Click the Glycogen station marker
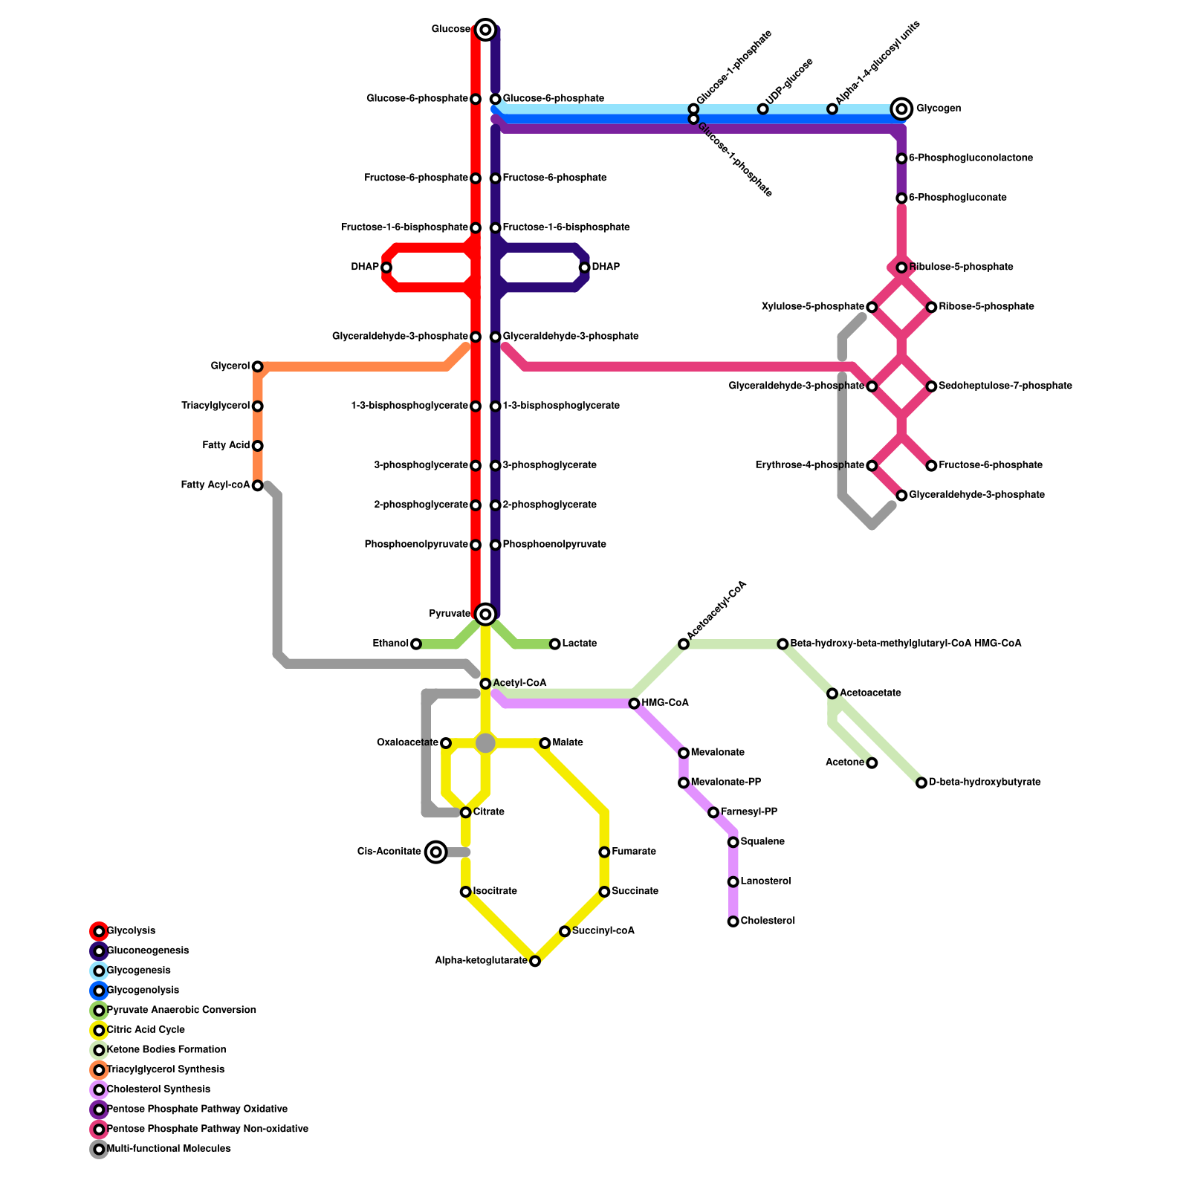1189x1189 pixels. point(901,109)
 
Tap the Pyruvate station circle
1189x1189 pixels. point(485,614)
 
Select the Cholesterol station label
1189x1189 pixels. point(768,921)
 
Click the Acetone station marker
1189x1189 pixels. point(872,763)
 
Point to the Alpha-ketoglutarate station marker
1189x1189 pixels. point(535,962)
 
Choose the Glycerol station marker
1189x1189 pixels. point(257,366)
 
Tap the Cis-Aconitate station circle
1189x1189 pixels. point(436,852)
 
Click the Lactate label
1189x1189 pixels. point(579,644)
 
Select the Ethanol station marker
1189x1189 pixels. point(416,644)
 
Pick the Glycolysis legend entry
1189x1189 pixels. point(131,931)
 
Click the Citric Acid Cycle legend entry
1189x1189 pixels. point(146,1030)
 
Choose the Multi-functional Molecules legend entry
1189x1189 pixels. point(169,1149)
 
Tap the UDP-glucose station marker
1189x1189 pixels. point(762,109)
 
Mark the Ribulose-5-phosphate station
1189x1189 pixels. point(901,268)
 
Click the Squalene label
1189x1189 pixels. point(762,842)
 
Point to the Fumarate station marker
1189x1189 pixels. point(604,852)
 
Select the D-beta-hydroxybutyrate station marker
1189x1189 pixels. point(921,783)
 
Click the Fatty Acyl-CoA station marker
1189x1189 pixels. point(257,486)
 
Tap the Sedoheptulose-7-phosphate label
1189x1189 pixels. point(1005,386)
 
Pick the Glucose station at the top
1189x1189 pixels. point(485,30)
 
